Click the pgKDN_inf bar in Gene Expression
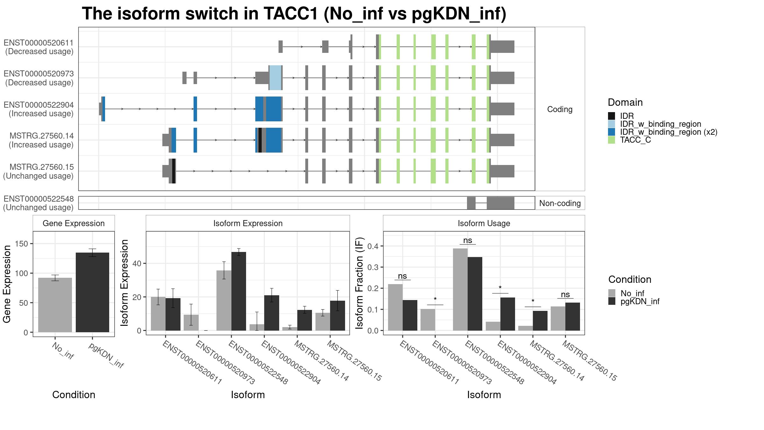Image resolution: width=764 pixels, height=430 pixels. (x=92, y=292)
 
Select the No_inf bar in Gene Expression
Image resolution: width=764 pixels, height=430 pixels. (x=55, y=305)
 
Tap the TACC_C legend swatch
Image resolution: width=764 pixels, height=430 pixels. (x=612, y=140)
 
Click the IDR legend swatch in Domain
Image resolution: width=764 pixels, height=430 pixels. (x=612, y=116)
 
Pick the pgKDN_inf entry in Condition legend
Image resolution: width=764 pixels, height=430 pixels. (x=640, y=301)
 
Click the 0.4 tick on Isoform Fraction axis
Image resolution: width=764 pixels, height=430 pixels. (x=373, y=246)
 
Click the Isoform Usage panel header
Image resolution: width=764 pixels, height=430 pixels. (x=484, y=223)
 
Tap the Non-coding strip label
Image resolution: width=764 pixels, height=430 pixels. (x=560, y=203)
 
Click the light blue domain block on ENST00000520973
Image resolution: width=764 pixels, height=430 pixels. (x=275, y=78)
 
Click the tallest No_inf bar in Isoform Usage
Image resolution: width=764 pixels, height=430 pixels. (x=460, y=290)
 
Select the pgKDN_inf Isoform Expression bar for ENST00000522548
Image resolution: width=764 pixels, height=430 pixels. (x=239, y=291)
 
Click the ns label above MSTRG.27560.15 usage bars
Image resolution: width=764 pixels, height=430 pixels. (x=565, y=294)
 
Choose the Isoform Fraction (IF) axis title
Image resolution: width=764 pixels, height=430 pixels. (x=359, y=283)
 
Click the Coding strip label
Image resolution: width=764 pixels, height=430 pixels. (x=560, y=109)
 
